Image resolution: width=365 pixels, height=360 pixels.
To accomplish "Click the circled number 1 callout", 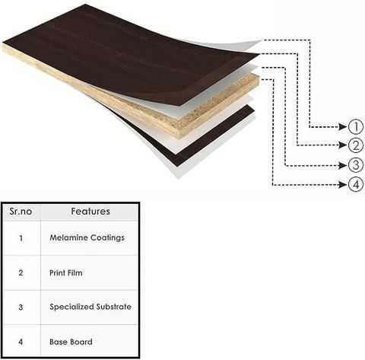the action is [356, 126].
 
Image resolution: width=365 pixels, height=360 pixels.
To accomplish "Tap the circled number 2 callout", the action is [356, 145].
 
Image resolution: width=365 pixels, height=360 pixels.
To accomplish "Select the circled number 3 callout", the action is [356, 165].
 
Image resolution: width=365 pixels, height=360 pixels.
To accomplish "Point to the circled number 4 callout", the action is [356, 184].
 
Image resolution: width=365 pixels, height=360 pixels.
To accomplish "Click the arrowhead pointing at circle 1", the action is [343, 126].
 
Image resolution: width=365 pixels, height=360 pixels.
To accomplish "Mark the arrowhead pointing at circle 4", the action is [343, 184].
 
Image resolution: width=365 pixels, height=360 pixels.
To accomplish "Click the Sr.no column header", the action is [21, 212].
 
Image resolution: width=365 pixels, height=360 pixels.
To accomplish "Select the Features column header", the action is [90, 212].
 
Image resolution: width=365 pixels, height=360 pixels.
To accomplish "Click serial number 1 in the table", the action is [21, 238].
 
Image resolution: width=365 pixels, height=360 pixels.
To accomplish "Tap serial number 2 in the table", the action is [21, 273].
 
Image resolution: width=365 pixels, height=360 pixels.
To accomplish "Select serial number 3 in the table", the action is [21, 307].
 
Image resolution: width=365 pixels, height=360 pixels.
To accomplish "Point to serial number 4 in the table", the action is [21, 342].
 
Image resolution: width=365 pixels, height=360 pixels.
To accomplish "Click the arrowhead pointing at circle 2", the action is [343, 145].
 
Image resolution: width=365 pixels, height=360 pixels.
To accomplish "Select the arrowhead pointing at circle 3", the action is [343, 165].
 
